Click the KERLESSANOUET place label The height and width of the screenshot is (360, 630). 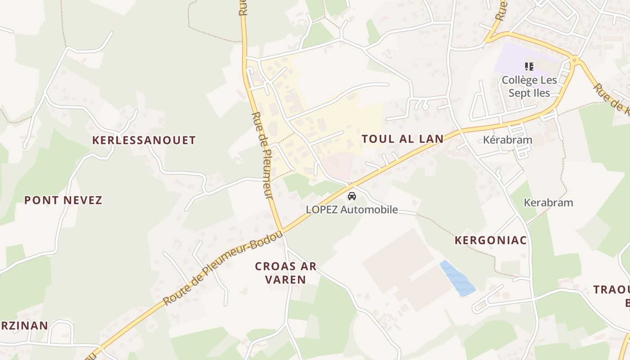(144, 140)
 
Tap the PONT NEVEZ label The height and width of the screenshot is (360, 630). (63, 200)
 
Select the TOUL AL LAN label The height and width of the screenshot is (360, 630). (403, 139)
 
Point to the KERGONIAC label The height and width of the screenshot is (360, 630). (490, 240)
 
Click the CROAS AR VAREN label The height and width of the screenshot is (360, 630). (286, 273)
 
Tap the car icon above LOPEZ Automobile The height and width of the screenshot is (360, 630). (352, 196)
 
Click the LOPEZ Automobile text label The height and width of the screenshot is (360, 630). (352, 210)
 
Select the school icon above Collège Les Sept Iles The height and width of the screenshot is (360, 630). (529, 67)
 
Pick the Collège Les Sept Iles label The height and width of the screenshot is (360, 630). (529, 87)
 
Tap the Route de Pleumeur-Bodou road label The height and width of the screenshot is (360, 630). (223, 269)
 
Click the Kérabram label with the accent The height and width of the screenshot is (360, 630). (508, 140)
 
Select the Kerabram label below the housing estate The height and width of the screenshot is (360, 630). (548, 203)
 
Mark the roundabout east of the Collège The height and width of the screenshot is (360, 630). (574, 59)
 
